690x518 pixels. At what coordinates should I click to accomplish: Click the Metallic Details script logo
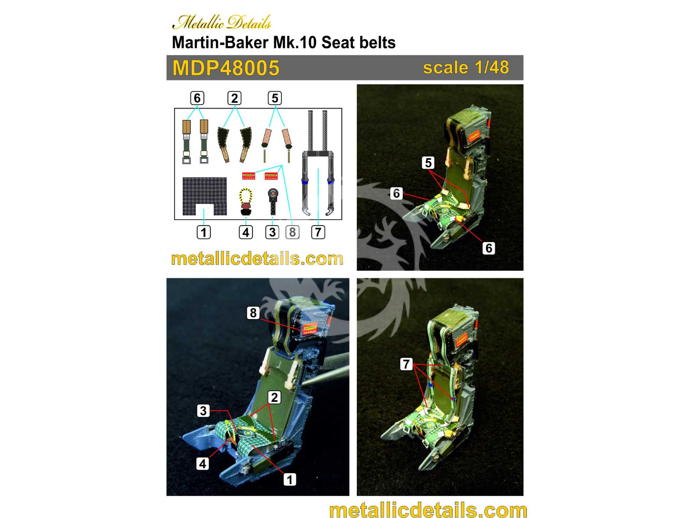[x=222, y=22]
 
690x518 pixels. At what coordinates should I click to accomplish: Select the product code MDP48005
[x=226, y=68]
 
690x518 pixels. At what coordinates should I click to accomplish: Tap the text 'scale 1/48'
[x=465, y=67]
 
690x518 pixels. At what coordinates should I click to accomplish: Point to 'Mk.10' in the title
[x=295, y=43]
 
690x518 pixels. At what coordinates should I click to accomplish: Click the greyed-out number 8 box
[x=292, y=232]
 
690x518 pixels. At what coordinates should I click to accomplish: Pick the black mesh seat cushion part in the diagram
[x=205, y=196]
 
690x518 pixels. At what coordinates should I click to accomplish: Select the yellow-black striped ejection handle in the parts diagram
[x=245, y=202]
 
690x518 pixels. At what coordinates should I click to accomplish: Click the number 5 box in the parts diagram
[x=275, y=98]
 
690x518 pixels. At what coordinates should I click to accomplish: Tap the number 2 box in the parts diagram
[x=235, y=98]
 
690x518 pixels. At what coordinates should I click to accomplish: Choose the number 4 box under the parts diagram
[x=246, y=232]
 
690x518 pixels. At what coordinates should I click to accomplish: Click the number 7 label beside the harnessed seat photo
[x=406, y=364]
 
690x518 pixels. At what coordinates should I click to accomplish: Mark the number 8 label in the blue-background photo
[x=253, y=313]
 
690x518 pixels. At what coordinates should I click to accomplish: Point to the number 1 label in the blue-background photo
[x=290, y=480]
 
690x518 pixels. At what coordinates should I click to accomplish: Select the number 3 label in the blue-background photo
[x=203, y=411]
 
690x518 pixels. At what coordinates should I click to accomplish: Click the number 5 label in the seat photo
[x=428, y=163]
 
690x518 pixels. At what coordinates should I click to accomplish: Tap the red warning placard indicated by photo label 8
[x=309, y=329]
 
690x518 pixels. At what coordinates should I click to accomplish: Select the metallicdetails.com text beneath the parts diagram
[x=257, y=259]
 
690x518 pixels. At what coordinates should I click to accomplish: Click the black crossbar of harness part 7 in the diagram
[x=318, y=154]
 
